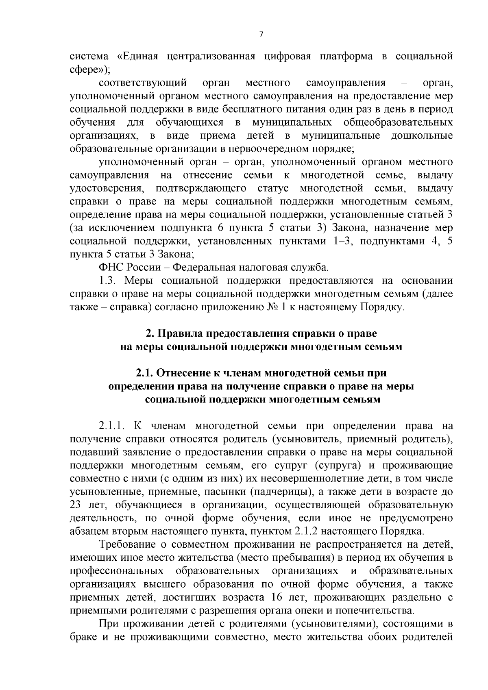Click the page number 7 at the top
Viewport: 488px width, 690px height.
261,35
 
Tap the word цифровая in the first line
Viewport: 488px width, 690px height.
288,56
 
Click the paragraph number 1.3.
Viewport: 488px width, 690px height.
108,281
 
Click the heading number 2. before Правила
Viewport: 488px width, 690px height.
150,333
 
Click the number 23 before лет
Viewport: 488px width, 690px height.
77,505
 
